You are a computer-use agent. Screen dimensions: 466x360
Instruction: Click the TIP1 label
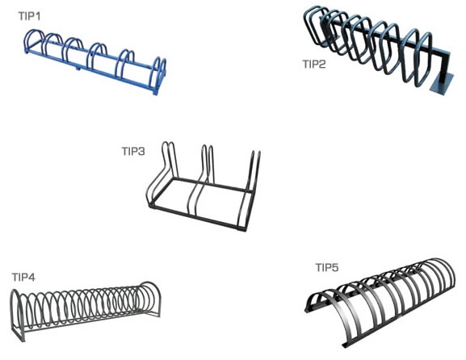pos(29,16)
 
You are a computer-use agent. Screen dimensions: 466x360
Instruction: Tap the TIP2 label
pos(314,64)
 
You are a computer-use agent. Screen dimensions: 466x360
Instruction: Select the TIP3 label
pos(133,151)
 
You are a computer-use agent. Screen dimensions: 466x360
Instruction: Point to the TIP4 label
pos(23,277)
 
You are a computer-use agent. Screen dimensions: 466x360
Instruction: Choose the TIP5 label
pos(327,267)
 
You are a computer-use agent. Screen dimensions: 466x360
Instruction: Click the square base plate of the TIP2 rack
pos(443,85)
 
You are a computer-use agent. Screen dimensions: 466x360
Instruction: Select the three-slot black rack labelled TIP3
pos(203,188)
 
